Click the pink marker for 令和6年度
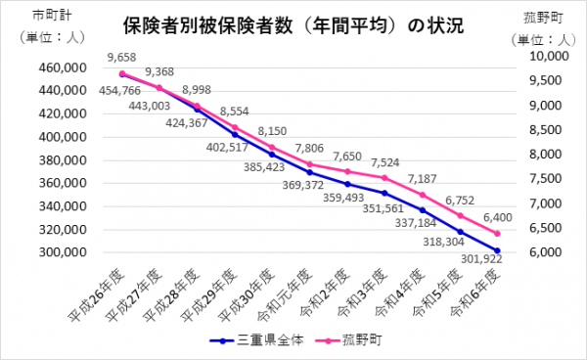tap(498, 233)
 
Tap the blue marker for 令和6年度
tap(498, 250)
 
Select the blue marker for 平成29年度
tap(235, 134)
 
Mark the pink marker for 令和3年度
tap(385, 178)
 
